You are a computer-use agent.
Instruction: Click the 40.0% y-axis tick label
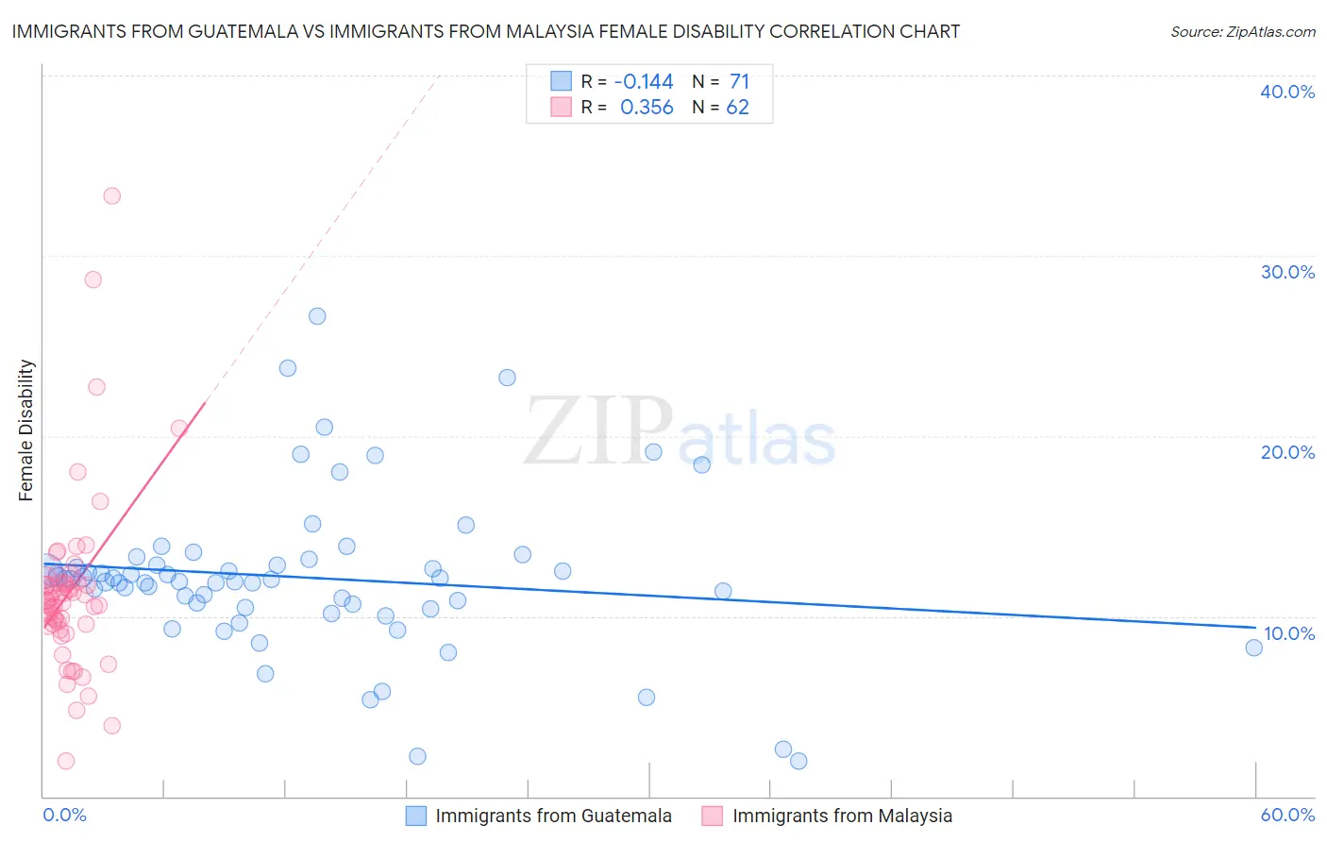click(x=1287, y=92)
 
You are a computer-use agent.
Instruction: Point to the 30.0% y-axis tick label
click(x=1287, y=272)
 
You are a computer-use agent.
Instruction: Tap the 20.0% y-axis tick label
click(x=1287, y=452)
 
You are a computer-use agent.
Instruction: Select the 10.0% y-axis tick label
click(x=1288, y=633)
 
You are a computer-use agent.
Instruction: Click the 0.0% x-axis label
click(x=64, y=815)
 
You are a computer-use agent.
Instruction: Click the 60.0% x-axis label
click(x=1287, y=815)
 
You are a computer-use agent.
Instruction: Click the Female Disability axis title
click(x=25, y=430)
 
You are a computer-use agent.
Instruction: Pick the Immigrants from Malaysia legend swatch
click(x=713, y=816)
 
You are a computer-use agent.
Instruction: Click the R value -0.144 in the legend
click(x=644, y=81)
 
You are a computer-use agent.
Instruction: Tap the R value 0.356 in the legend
click(x=647, y=108)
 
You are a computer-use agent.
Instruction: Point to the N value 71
click(x=739, y=81)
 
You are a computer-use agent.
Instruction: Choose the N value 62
click(x=737, y=108)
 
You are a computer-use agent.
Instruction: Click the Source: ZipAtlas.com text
click(x=1242, y=32)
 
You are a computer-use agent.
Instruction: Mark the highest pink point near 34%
click(x=111, y=196)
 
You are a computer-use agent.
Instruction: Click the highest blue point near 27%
click(x=317, y=316)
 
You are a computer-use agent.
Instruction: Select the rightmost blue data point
click(x=1253, y=648)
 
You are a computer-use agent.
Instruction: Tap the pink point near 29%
click(x=92, y=279)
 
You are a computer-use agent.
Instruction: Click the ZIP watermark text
click(x=598, y=432)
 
